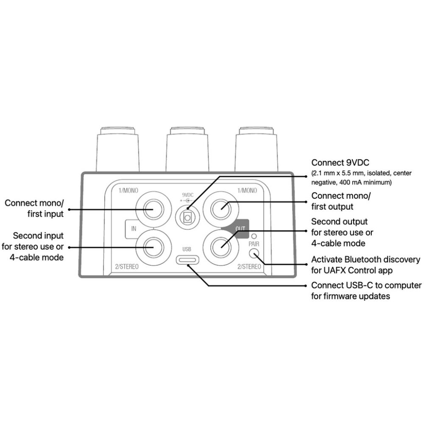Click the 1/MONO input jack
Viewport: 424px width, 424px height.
pos(153,209)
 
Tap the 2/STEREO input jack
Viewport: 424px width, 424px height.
pos(153,248)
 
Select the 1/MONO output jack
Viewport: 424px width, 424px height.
pos(221,209)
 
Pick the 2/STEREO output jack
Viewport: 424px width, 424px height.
pos(221,248)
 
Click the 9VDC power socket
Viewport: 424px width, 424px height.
pos(188,217)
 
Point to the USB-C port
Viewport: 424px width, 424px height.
pos(188,260)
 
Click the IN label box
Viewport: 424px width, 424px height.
pos(134,229)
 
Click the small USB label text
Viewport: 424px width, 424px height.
pos(187,249)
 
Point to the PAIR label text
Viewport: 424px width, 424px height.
pos(254,244)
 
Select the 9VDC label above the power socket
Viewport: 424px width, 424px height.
pos(188,195)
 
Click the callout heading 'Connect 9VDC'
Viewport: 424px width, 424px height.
pos(340,163)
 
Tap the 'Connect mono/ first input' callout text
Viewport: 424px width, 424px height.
pos(34,209)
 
